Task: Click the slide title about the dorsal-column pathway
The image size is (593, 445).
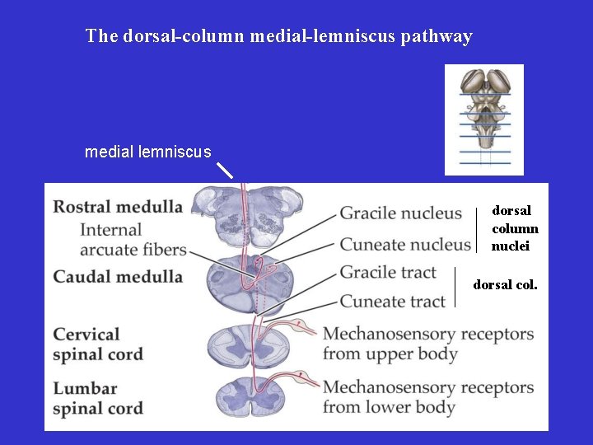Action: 278,36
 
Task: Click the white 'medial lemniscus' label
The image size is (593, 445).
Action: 148,152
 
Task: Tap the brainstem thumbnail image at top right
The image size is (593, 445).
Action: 484,119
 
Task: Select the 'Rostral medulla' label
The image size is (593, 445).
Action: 118,206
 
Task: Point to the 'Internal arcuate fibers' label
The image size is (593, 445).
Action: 133,240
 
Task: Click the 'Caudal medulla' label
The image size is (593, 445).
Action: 118,276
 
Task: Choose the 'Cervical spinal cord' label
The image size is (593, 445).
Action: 98,344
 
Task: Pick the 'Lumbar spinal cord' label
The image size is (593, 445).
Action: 98,398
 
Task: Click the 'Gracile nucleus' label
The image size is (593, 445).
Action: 401,213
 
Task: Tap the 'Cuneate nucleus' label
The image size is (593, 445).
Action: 405,244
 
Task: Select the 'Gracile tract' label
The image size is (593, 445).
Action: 389,272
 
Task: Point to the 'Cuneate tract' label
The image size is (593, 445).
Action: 393,302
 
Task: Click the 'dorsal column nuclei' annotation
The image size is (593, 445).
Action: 515,228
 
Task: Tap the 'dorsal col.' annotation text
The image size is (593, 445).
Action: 505,285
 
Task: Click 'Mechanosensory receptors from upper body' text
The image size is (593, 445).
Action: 428,344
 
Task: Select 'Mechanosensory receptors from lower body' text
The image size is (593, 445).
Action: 428,397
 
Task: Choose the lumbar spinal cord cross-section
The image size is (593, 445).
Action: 248,394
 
